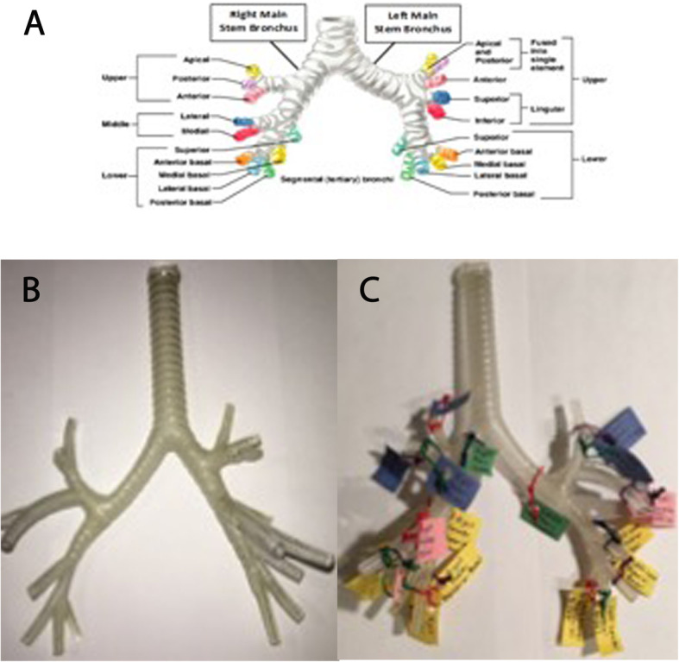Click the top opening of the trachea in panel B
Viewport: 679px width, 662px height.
(x=162, y=275)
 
